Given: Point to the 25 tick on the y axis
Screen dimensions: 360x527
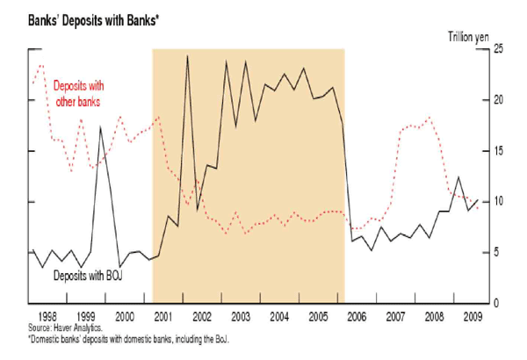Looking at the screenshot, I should coord(497,48).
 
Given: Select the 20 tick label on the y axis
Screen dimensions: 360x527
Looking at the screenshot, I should coord(497,99).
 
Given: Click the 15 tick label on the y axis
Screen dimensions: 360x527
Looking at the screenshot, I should coord(497,150).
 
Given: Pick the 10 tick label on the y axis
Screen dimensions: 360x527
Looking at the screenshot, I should coord(497,201).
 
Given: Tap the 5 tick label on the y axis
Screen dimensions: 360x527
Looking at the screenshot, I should coord(495,252).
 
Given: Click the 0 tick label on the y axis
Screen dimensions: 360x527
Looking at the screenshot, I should coord(495,303).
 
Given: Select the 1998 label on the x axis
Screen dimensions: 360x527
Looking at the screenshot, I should coord(47,314).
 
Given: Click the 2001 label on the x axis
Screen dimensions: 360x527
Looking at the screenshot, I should coord(163,314).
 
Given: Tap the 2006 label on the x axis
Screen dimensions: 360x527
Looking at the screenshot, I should coord(357,314).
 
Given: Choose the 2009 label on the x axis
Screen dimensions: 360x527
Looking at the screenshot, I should coord(473,314).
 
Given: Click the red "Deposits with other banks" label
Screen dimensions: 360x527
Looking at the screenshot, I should coord(76,95).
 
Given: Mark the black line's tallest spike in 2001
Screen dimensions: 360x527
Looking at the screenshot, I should coord(187,56).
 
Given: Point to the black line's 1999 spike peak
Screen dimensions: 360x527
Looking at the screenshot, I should coord(100,128).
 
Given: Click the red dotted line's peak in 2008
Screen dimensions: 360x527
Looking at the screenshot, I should coord(429,118).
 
